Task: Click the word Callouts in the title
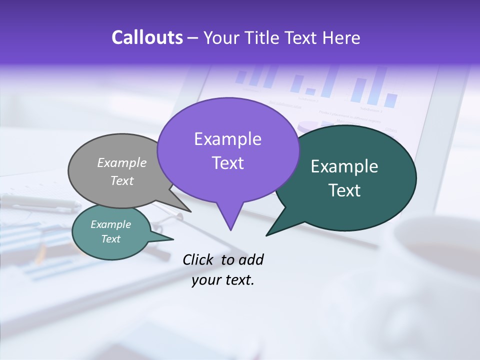click(x=147, y=37)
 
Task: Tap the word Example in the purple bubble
click(x=227, y=139)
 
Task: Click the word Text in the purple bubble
click(x=227, y=163)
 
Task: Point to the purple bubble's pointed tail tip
click(x=230, y=230)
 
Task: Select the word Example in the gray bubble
click(x=122, y=162)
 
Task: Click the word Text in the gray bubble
click(x=122, y=180)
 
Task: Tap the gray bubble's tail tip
click(x=190, y=211)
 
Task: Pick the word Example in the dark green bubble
click(x=344, y=166)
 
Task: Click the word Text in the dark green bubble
click(x=344, y=190)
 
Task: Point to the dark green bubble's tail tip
click(x=266, y=235)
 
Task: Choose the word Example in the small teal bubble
click(x=111, y=224)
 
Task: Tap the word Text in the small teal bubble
click(x=111, y=239)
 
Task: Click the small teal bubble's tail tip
click(x=173, y=239)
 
